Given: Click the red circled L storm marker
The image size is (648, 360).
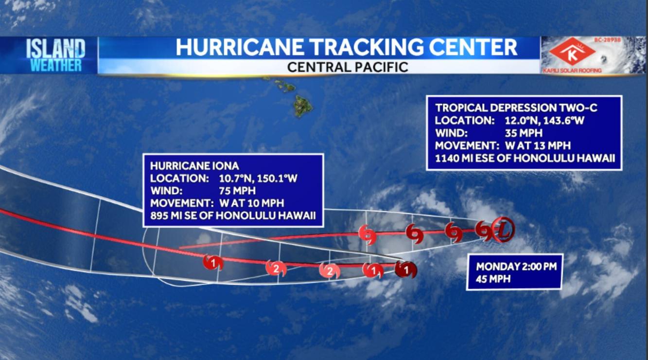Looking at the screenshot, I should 503,230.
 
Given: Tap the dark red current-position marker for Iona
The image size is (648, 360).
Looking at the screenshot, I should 405,269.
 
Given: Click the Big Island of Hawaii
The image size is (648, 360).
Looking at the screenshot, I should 303,105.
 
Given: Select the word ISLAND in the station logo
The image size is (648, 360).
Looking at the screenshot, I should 55,49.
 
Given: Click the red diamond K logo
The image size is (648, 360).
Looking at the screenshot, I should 572,51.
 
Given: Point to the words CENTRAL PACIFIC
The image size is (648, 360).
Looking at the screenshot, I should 348,67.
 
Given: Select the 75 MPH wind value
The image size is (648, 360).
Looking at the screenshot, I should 237,191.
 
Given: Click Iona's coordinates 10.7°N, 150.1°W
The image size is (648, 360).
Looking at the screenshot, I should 258,179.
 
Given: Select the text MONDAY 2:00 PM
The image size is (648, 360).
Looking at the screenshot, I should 516,267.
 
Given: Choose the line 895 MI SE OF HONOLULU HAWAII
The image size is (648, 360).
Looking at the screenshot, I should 233,216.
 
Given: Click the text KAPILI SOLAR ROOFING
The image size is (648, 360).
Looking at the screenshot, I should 572,71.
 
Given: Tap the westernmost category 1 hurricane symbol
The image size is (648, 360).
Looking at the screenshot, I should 213,263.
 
